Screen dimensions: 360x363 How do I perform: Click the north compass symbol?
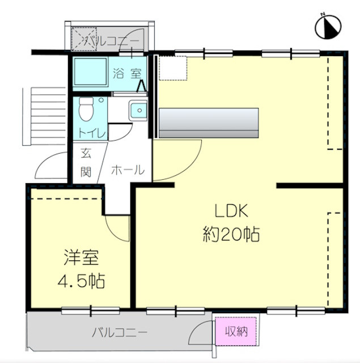tap(328, 27)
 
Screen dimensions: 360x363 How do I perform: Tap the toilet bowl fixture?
tap(86, 109)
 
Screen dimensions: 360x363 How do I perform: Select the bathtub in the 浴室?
tap(90, 71)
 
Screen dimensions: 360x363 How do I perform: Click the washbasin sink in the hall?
tap(138, 111)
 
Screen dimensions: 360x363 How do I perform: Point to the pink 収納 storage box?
tap(236, 331)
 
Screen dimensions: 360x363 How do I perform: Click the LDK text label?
tap(231, 210)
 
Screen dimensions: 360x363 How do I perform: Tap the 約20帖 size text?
tap(231, 234)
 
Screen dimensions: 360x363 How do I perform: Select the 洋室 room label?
tap(81, 257)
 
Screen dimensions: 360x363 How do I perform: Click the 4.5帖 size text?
tap(81, 281)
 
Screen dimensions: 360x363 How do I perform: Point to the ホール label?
tap(128, 170)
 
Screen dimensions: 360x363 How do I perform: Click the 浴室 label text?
tap(127, 73)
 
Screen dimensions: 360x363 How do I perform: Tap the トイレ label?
tap(92, 133)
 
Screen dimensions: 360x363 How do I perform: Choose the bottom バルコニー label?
tap(120, 333)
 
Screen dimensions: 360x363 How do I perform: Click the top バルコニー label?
tap(111, 41)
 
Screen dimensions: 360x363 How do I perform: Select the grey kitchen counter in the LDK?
tap(209, 123)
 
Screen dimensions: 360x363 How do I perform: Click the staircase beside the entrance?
tap(45, 116)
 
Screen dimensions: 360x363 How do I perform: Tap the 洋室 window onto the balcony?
tap(91, 310)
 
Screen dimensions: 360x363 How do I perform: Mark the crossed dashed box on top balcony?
tap(84, 39)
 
